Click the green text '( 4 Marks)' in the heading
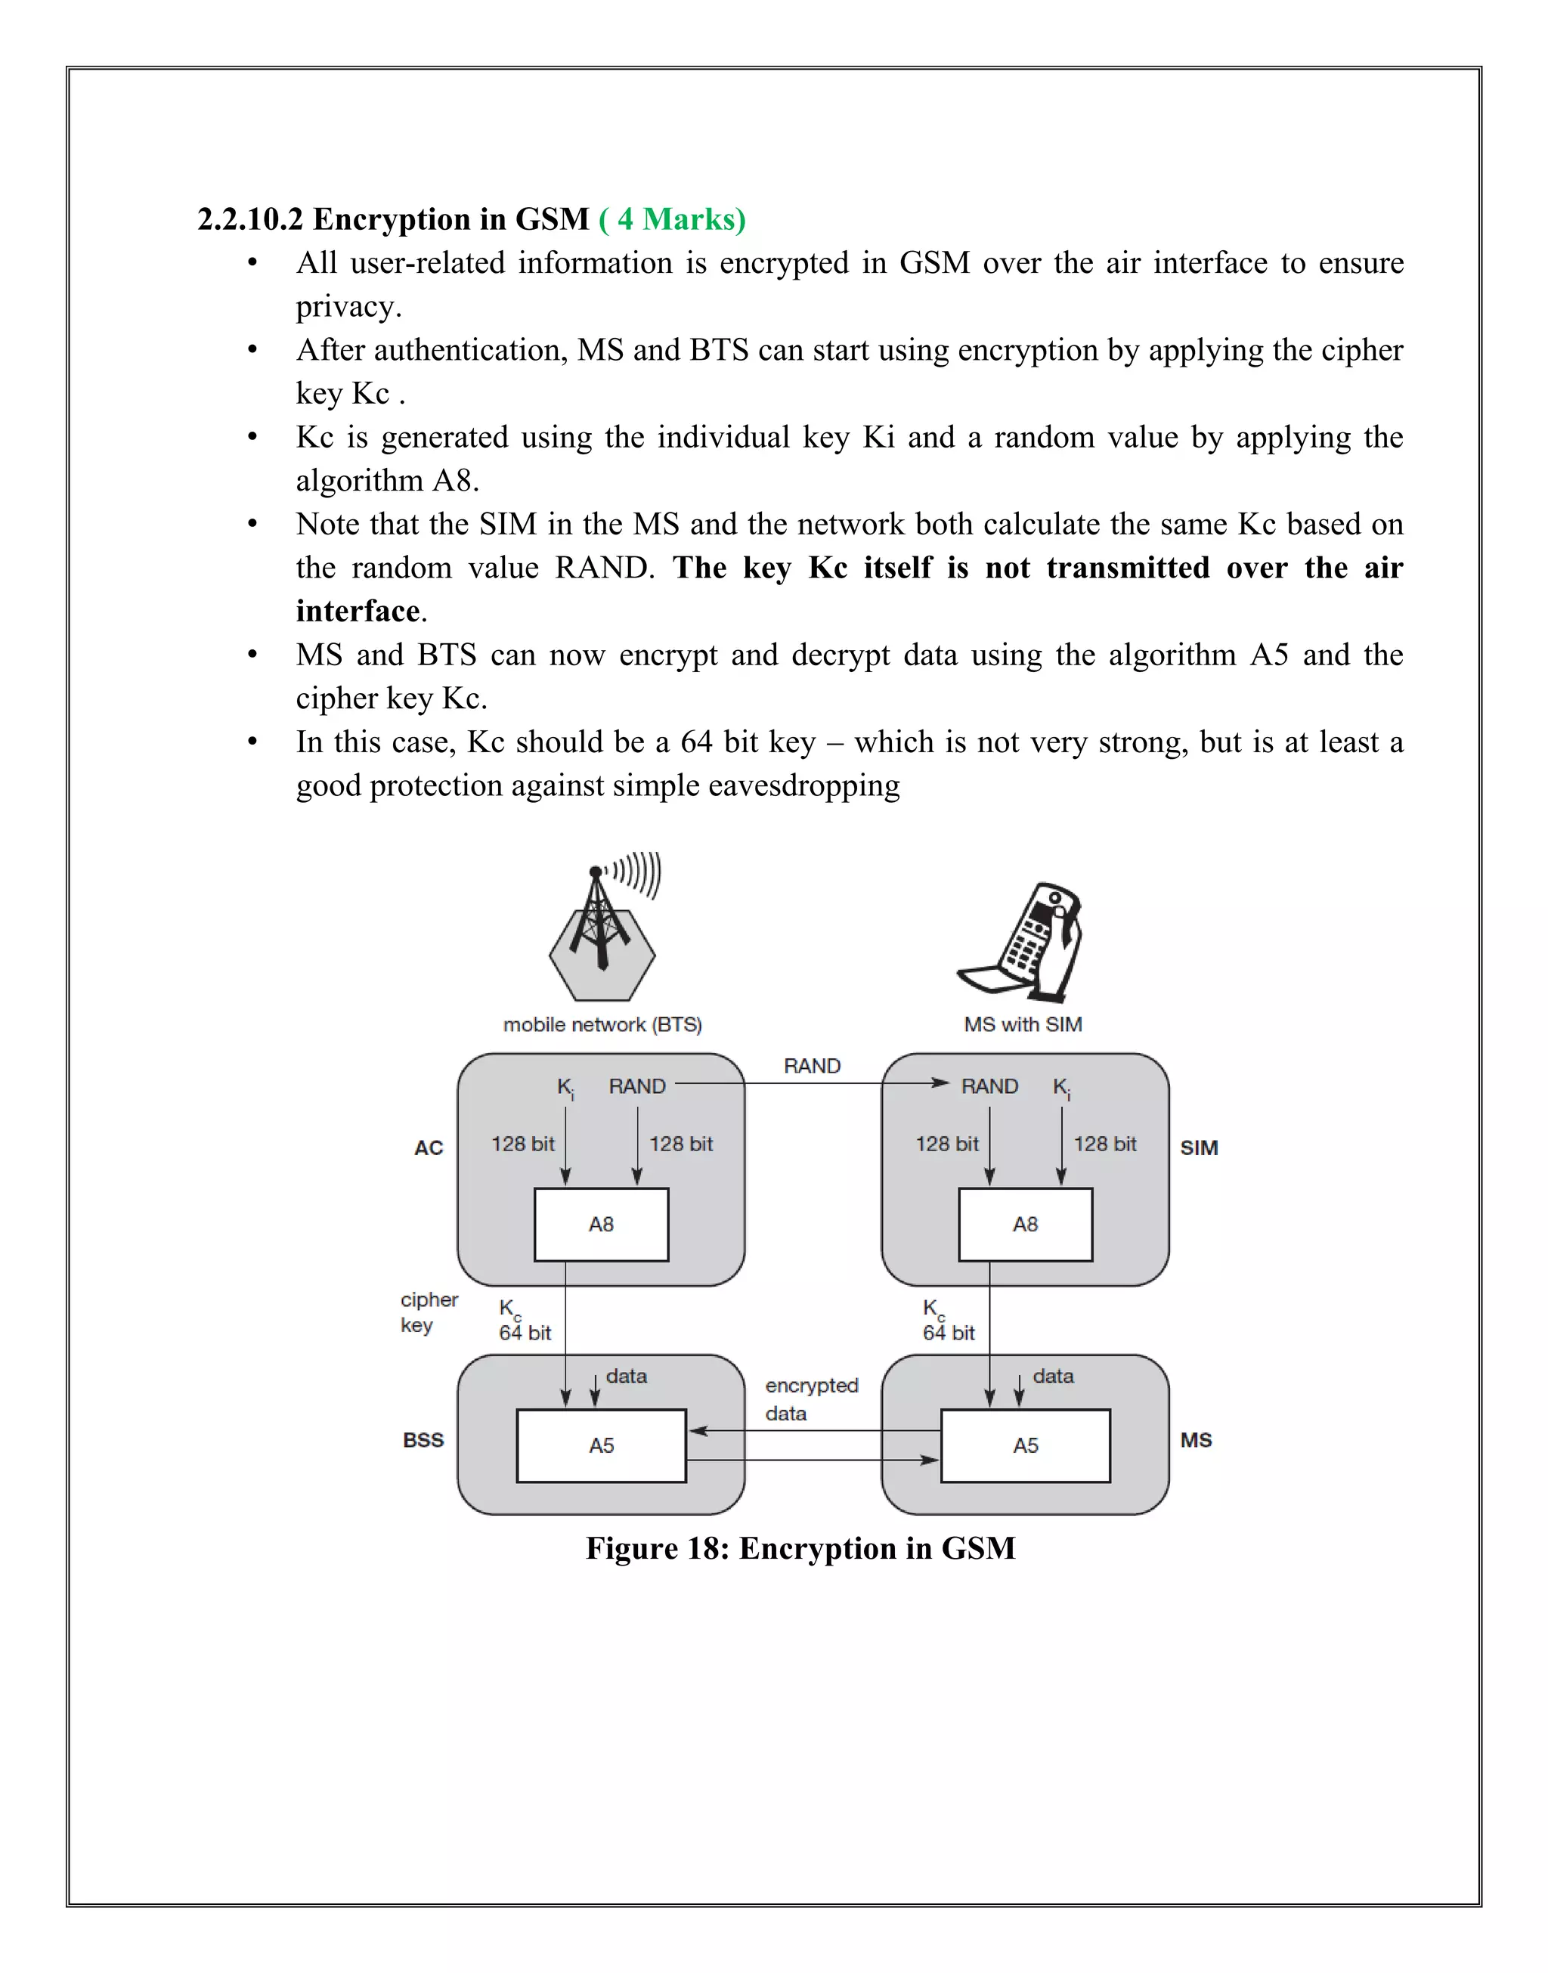coord(672,219)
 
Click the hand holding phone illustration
coord(1024,943)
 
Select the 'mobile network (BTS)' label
coord(602,1024)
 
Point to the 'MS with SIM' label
coord(1023,1024)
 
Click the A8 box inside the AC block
coord(601,1225)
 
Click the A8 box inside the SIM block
coord(1025,1225)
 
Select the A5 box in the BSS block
coord(601,1445)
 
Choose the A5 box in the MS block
coord(1025,1445)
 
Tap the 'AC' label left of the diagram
coord(429,1148)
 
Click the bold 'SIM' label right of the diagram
coord(1198,1148)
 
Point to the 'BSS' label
coord(423,1440)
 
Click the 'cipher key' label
coord(428,1312)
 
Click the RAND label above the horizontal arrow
coord(812,1066)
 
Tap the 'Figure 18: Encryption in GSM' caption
coord(800,1548)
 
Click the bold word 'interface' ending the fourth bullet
coord(357,612)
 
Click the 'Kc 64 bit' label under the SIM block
coord(947,1321)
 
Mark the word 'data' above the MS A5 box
coord(1052,1376)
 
